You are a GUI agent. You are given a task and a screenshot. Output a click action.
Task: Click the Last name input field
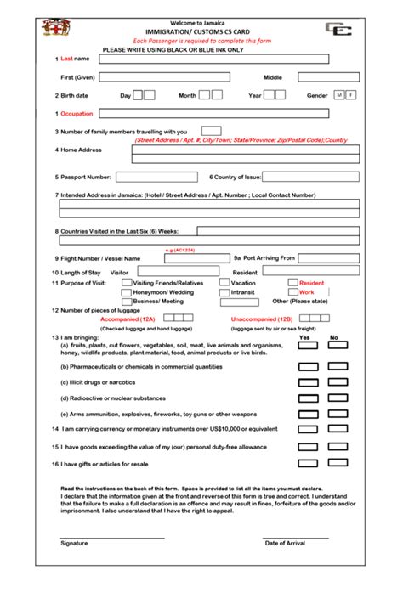[x=213, y=59]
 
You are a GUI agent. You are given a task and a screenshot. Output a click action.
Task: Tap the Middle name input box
[x=328, y=77]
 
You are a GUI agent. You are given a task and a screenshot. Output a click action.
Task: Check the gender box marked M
[x=339, y=95]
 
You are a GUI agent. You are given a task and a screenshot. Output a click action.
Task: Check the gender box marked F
[x=351, y=95]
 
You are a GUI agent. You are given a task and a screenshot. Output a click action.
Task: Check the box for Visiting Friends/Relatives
[x=127, y=282]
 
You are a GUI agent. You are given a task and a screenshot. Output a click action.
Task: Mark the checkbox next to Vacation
[x=224, y=282]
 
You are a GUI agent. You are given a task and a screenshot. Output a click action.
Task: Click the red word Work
[x=306, y=292]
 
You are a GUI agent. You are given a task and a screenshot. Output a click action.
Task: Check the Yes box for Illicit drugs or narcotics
[x=308, y=382]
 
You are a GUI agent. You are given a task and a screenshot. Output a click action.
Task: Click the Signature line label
[x=73, y=543]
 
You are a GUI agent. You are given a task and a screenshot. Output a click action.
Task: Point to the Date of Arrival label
[x=284, y=543]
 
